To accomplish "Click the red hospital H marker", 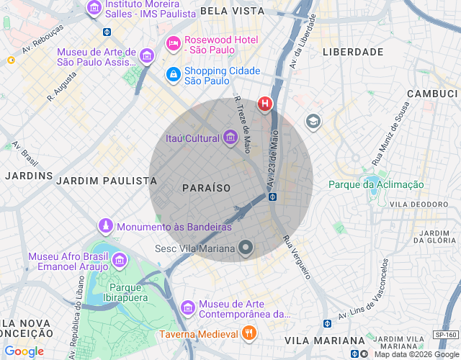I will point(265,104).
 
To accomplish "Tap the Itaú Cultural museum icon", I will point(230,138).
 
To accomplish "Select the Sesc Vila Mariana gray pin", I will point(246,249).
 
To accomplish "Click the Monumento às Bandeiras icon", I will point(106,227).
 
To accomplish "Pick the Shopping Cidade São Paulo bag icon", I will point(173,74).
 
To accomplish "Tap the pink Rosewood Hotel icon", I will point(173,44).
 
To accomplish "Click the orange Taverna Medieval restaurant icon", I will point(249,333).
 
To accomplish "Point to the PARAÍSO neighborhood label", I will point(206,187).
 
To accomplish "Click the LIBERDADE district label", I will point(352,53).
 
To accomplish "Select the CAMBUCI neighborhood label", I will point(432,94).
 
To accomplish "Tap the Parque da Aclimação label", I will point(376,184).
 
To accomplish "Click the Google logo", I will point(24,351).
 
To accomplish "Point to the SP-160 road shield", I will point(446,335).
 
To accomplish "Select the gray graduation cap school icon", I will point(313,121).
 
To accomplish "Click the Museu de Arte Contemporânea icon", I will point(188,307).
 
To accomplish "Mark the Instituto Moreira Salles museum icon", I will point(94,9).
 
